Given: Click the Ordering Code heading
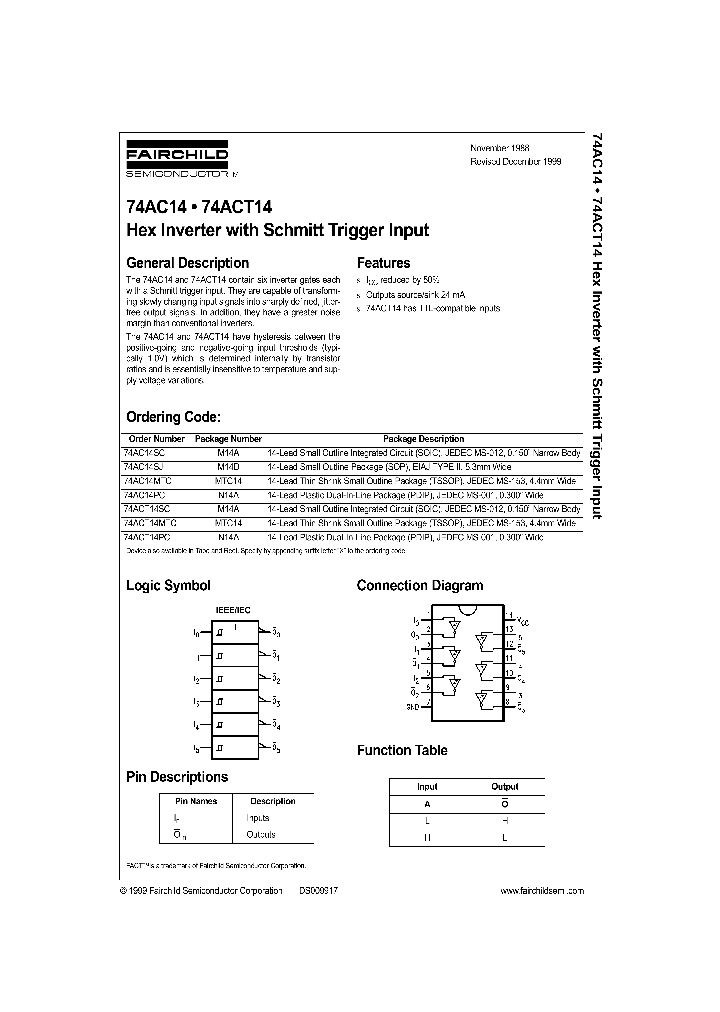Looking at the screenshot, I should coord(173,417).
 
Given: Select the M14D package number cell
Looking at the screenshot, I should coord(228,466).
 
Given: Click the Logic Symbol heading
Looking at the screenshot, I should coord(168,586).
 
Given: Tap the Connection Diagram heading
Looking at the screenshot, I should coord(419,586).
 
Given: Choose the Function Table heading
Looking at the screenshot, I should coord(402,750).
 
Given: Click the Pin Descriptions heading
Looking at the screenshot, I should coord(177,776).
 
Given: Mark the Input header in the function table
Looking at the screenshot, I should coord(427,787).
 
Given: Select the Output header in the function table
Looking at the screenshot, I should coord(505,787).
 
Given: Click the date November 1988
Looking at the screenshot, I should coord(499,147).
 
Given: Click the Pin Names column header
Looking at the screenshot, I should coord(196,801).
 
